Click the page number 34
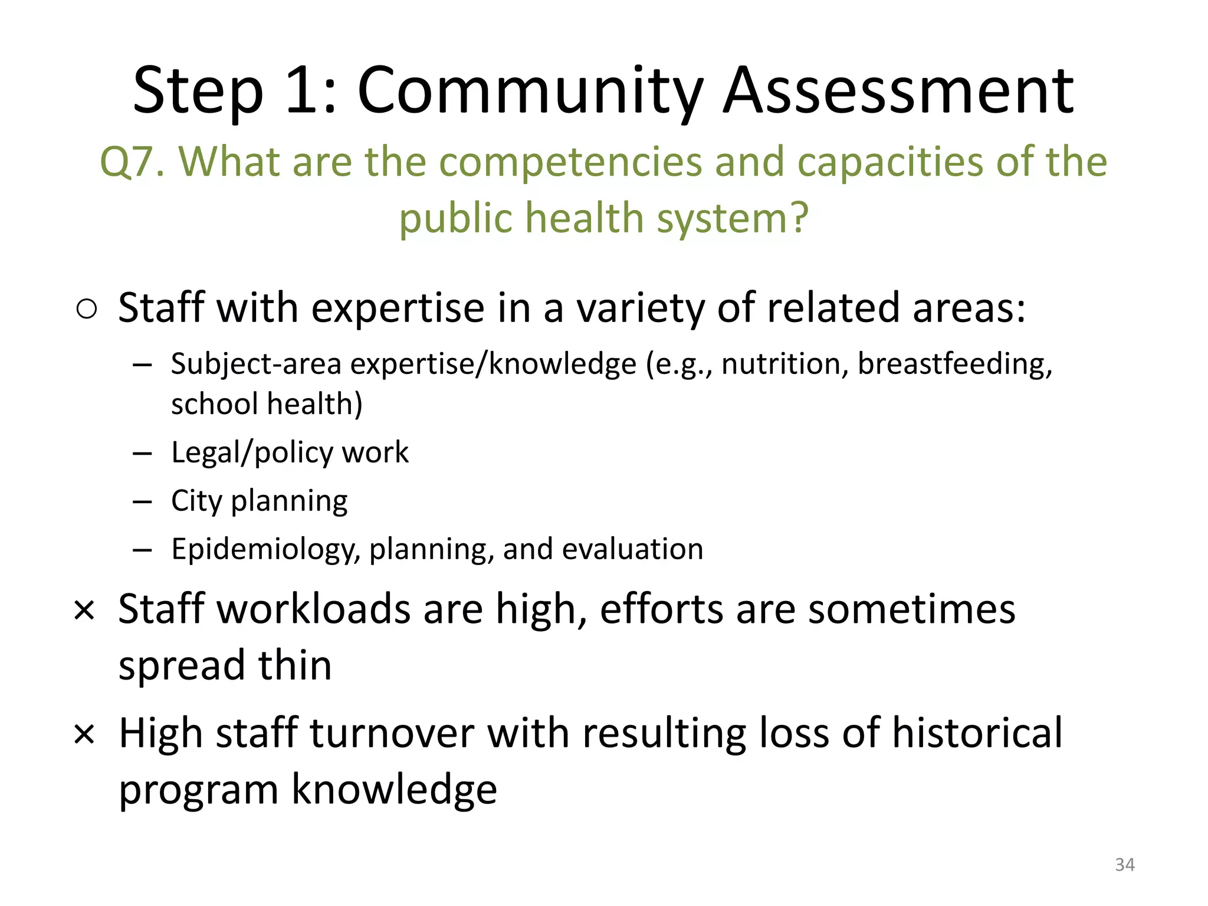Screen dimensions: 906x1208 click(x=1124, y=865)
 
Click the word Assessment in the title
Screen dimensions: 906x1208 click(x=898, y=91)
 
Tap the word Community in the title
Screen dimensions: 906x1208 click(x=530, y=91)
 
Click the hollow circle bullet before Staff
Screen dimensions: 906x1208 click(x=87, y=309)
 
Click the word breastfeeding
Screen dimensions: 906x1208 click(x=954, y=365)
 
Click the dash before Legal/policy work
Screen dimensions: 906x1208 click(x=142, y=454)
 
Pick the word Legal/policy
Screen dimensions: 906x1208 click(x=252, y=453)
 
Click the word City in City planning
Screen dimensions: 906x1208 click(x=196, y=501)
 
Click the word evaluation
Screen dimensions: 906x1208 click(x=632, y=549)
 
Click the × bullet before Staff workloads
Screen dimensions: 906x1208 click(x=84, y=610)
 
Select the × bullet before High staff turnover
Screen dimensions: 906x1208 click(x=84, y=735)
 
